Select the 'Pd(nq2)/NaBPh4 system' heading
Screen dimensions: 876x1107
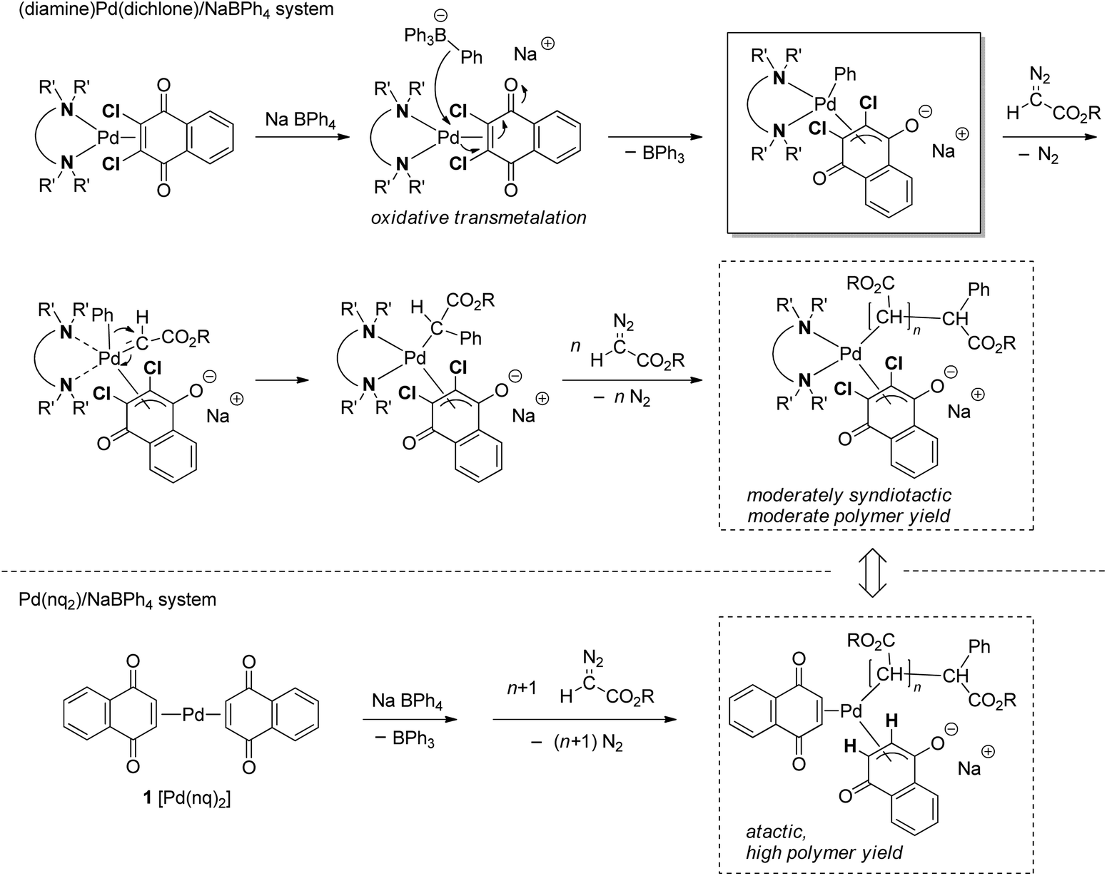pyautogui.click(x=117, y=599)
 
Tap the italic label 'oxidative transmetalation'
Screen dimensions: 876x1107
pyautogui.click(x=478, y=218)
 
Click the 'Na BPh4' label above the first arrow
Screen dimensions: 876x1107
pyautogui.click(x=300, y=119)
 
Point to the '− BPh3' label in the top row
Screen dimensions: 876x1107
pyautogui.click(x=652, y=154)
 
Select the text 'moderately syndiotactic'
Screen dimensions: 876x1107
pyautogui.click(x=849, y=495)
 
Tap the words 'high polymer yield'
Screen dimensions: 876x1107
pyautogui.click(x=824, y=852)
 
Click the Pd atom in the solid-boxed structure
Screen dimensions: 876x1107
pyautogui.click(x=827, y=106)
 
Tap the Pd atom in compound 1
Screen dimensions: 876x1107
pyautogui.click(x=193, y=714)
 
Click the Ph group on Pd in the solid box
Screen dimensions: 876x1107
pyautogui.click(x=845, y=74)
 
